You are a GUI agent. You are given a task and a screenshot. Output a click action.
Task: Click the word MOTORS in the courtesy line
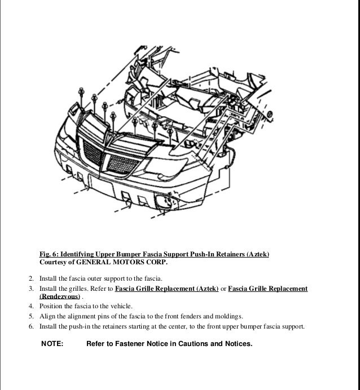coord(132,263)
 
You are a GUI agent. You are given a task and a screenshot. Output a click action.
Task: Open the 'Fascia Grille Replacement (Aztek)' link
coord(166,289)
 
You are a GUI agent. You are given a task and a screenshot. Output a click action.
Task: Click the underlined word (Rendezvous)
coord(59,296)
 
